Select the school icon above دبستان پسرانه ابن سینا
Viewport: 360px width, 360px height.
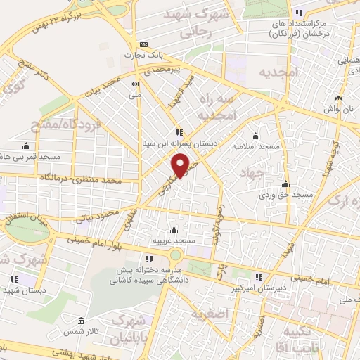pyautogui.click(x=179, y=131)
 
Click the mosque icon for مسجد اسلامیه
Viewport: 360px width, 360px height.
pyautogui.click(x=255, y=136)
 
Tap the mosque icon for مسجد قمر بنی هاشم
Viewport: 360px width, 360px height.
pyautogui.click(x=27, y=146)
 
